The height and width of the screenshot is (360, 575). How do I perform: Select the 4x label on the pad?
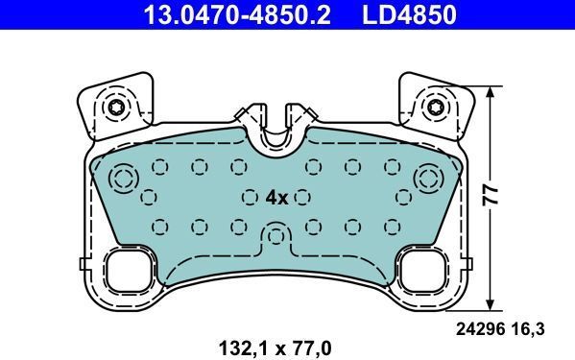click(x=276, y=197)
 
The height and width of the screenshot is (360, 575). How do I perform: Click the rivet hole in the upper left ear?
click(x=116, y=107)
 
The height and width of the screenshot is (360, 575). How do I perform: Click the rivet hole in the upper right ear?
click(x=438, y=107)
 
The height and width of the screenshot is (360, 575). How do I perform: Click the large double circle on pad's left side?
click(x=124, y=178)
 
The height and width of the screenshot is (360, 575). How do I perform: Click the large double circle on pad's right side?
click(x=429, y=178)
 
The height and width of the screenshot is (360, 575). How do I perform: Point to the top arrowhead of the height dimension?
click(x=492, y=92)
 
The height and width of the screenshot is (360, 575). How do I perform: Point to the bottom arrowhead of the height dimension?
click(x=492, y=299)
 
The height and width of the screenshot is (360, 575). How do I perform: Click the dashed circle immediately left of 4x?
click(x=252, y=197)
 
